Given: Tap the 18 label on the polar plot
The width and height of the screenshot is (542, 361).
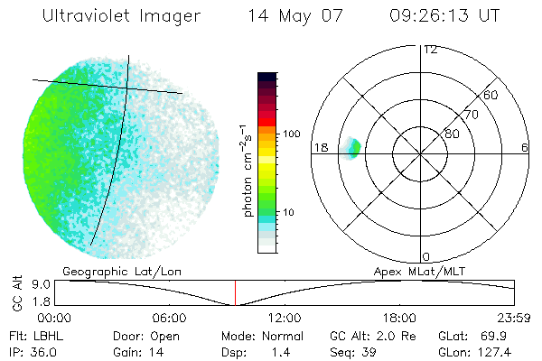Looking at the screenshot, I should pos(321,147).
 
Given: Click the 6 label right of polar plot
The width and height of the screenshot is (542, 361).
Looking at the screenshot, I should pos(525,147).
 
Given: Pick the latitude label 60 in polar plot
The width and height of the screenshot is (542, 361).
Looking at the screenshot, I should pos(491,95).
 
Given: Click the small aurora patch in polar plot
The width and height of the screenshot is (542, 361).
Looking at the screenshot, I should pos(353,147).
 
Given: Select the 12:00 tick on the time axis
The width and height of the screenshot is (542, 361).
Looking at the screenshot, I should pos(285,319).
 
